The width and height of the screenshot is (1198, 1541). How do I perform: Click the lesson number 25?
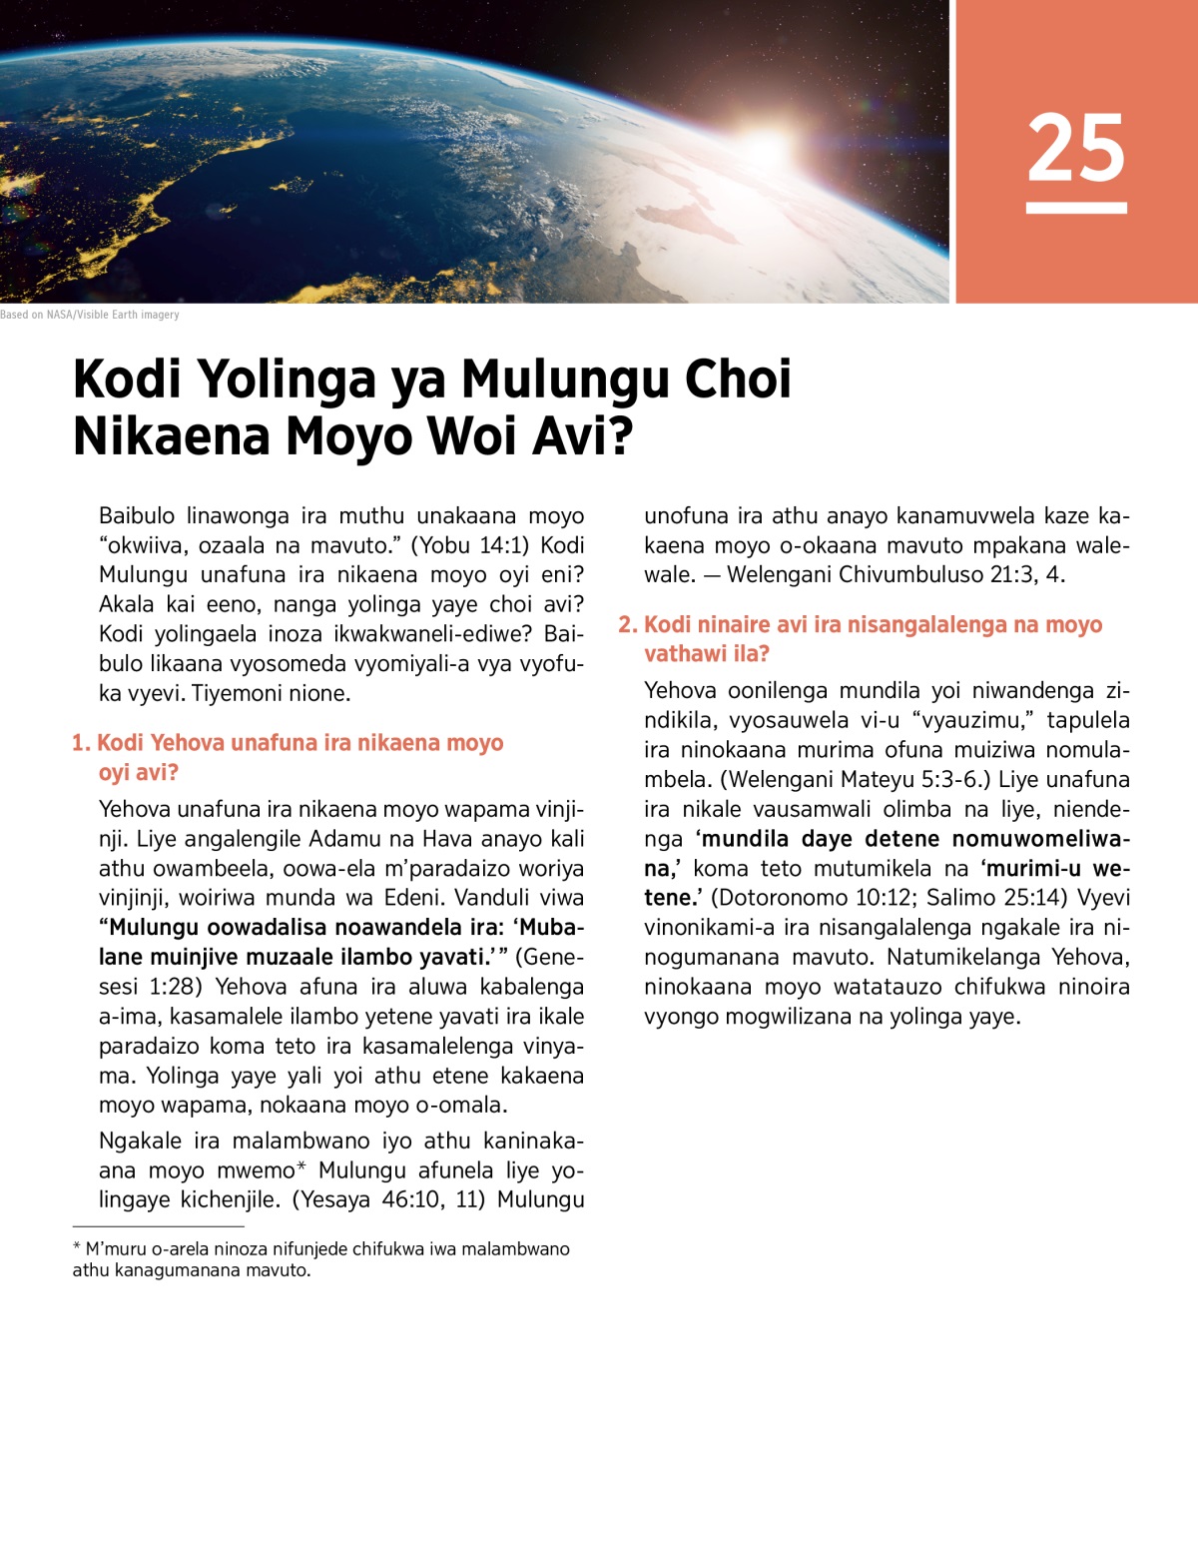1076,149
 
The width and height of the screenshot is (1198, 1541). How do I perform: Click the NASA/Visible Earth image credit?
90,315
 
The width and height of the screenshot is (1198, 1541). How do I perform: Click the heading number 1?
81,743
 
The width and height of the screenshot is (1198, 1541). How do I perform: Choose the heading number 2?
627,625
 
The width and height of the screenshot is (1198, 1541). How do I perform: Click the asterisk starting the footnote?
77,1247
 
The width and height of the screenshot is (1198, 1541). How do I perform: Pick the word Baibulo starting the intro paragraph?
137,516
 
